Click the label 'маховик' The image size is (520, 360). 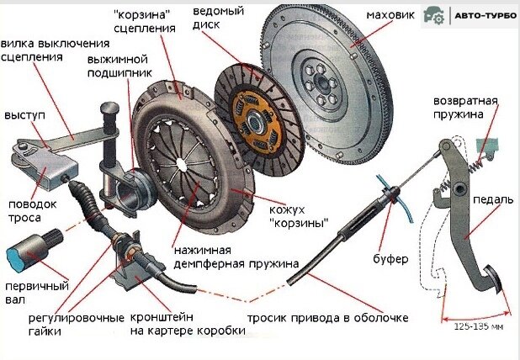[390, 16]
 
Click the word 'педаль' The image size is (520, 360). [489, 199]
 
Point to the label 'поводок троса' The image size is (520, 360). [31, 211]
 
